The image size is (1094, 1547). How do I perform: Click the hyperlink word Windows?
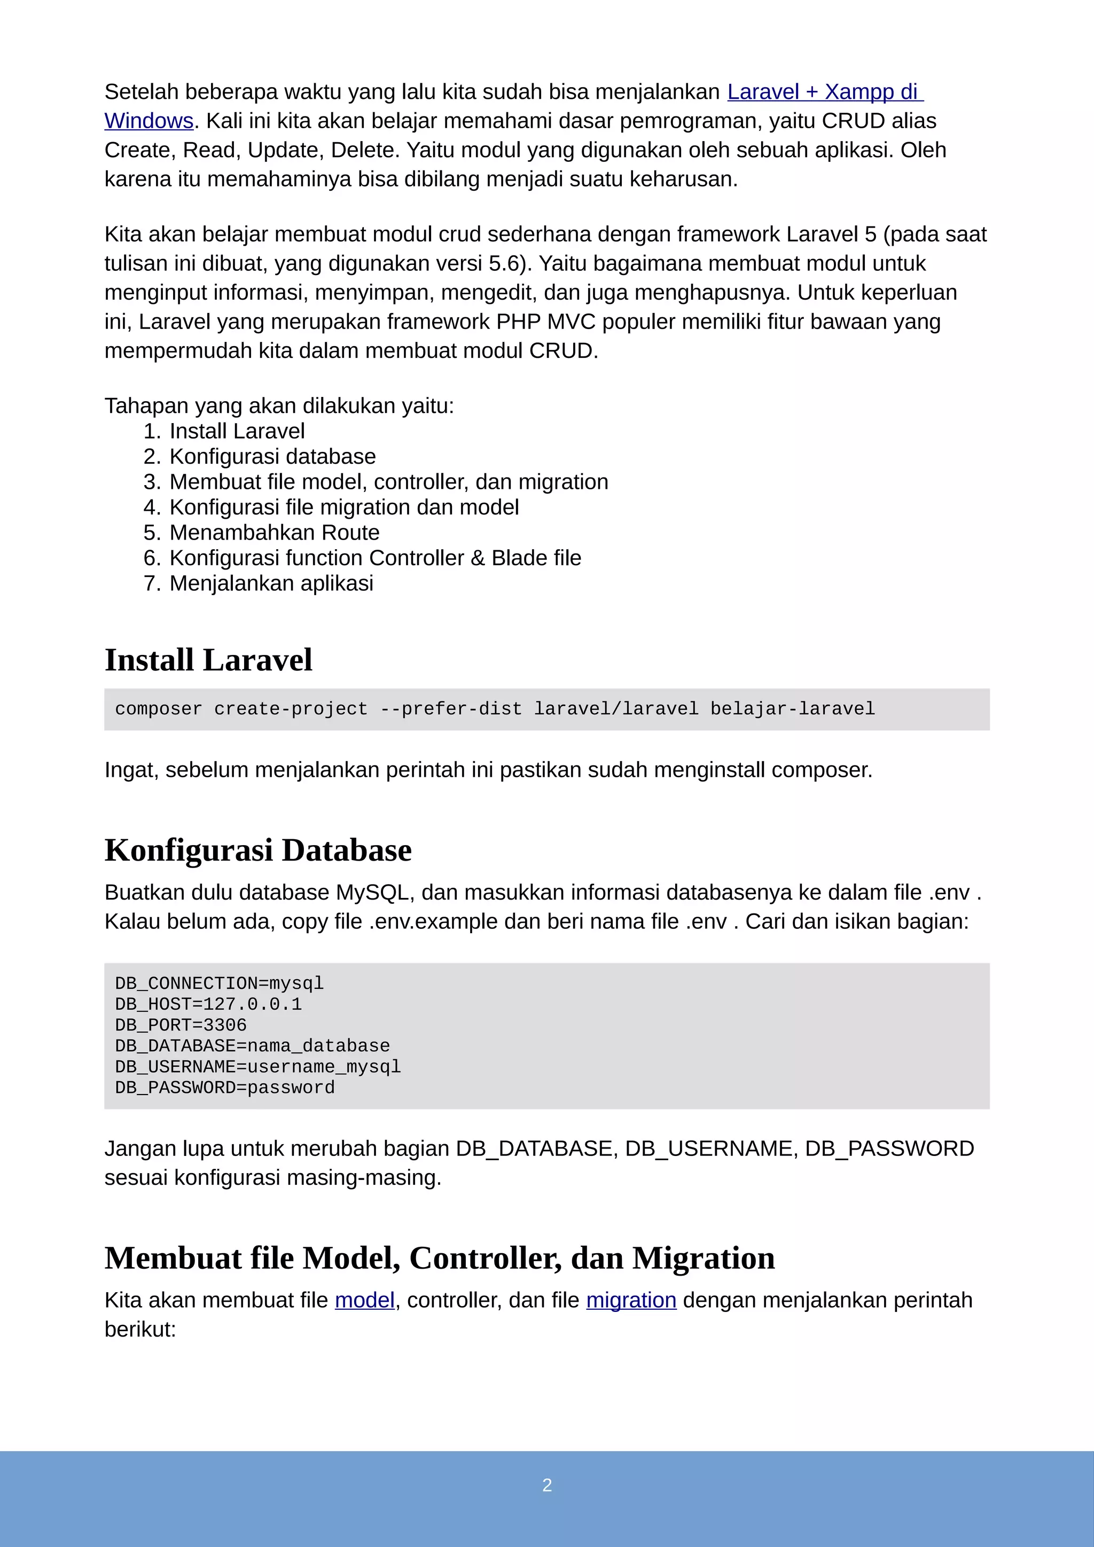click(x=149, y=121)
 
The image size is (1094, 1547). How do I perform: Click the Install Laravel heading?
click(x=208, y=660)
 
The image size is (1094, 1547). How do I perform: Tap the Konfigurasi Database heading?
click(x=258, y=850)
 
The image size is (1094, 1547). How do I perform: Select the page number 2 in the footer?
click(x=547, y=1485)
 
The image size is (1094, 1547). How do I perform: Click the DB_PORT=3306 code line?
click(x=181, y=1025)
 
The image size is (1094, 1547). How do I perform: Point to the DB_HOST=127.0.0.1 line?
click(x=208, y=1004)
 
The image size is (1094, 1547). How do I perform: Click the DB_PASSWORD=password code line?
click(x=224, y=1088)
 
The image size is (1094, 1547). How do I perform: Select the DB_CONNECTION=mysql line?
click(x=219, y=983)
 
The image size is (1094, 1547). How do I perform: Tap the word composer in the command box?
click(x=158, y=709)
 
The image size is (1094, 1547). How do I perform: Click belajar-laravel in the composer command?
click(x=792, y=709)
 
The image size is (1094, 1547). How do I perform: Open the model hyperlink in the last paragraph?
click(x=364, y=1300)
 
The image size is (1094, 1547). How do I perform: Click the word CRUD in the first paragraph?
click(x=854, y=121)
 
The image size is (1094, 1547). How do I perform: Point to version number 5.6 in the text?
click(x=504, y=263)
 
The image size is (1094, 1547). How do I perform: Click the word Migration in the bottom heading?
click(x=704, y=1258)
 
